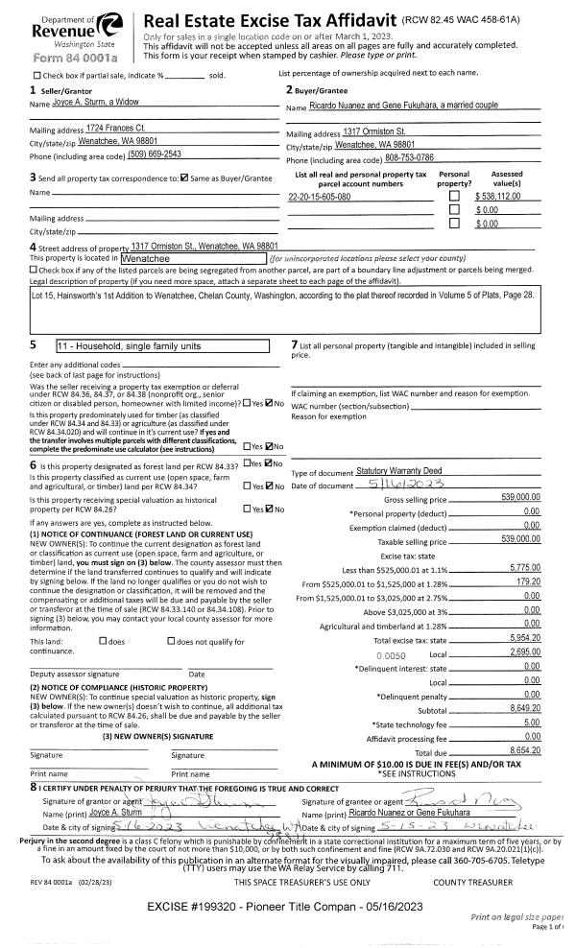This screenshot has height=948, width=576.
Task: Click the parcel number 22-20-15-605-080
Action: [x=319, y=197]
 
